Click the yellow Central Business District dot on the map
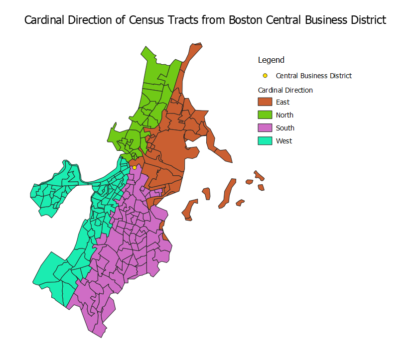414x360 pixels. pyautogui.click(x=135, y=167)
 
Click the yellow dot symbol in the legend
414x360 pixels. pyautogui.click(x=265, y=76)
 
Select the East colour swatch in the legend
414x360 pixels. pyautogui.click(x=265, y=102)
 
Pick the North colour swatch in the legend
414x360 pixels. pyautogui.click(x=265, y=115)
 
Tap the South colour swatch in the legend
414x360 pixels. pyautogui.click(x=265, y=128)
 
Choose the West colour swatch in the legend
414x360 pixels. pyautogui.click(x=265, y=141)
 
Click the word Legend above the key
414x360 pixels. pyautogui.click(x=271, y=60)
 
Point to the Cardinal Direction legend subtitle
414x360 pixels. pyautogui.click(x=285, y=90)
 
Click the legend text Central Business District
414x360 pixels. pyautogui.click(x=313, y=76)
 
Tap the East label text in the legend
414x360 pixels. pyautogui.click(x=282, y=102)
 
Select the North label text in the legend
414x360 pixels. pyautogui.click(x=284, y=115)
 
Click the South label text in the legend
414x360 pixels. pyautogui.click(x=285, y=128)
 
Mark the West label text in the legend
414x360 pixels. pyautogui.click(x=284, y=141)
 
